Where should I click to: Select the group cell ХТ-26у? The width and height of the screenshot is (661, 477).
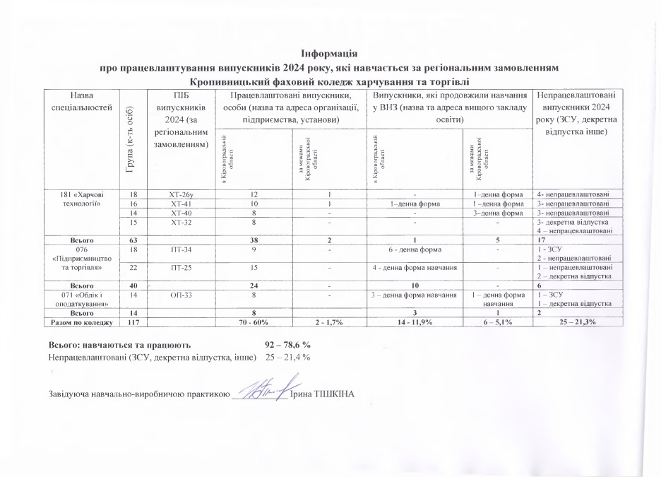coord(177,194)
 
